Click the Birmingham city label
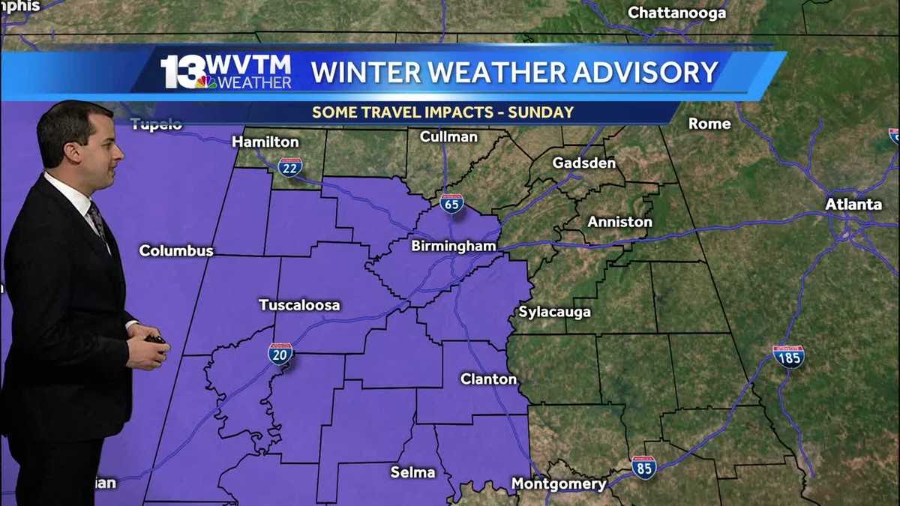point(453,246)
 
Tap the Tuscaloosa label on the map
point(299,305)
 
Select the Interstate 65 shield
point(451,203)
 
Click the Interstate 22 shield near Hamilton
point(289,166)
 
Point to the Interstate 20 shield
point(280,353)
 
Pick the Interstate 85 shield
point(643,467)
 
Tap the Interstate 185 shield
point(788,356)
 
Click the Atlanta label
point(853,204)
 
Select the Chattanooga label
point(676,13)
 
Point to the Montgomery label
point(559,484)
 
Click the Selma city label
point(412,472)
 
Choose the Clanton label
point(488,379)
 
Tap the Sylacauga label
point(555,312)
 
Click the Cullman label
point(448,136)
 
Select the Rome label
point(709,124)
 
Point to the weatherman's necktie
point(97,221)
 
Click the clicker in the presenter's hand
point(156,340)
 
